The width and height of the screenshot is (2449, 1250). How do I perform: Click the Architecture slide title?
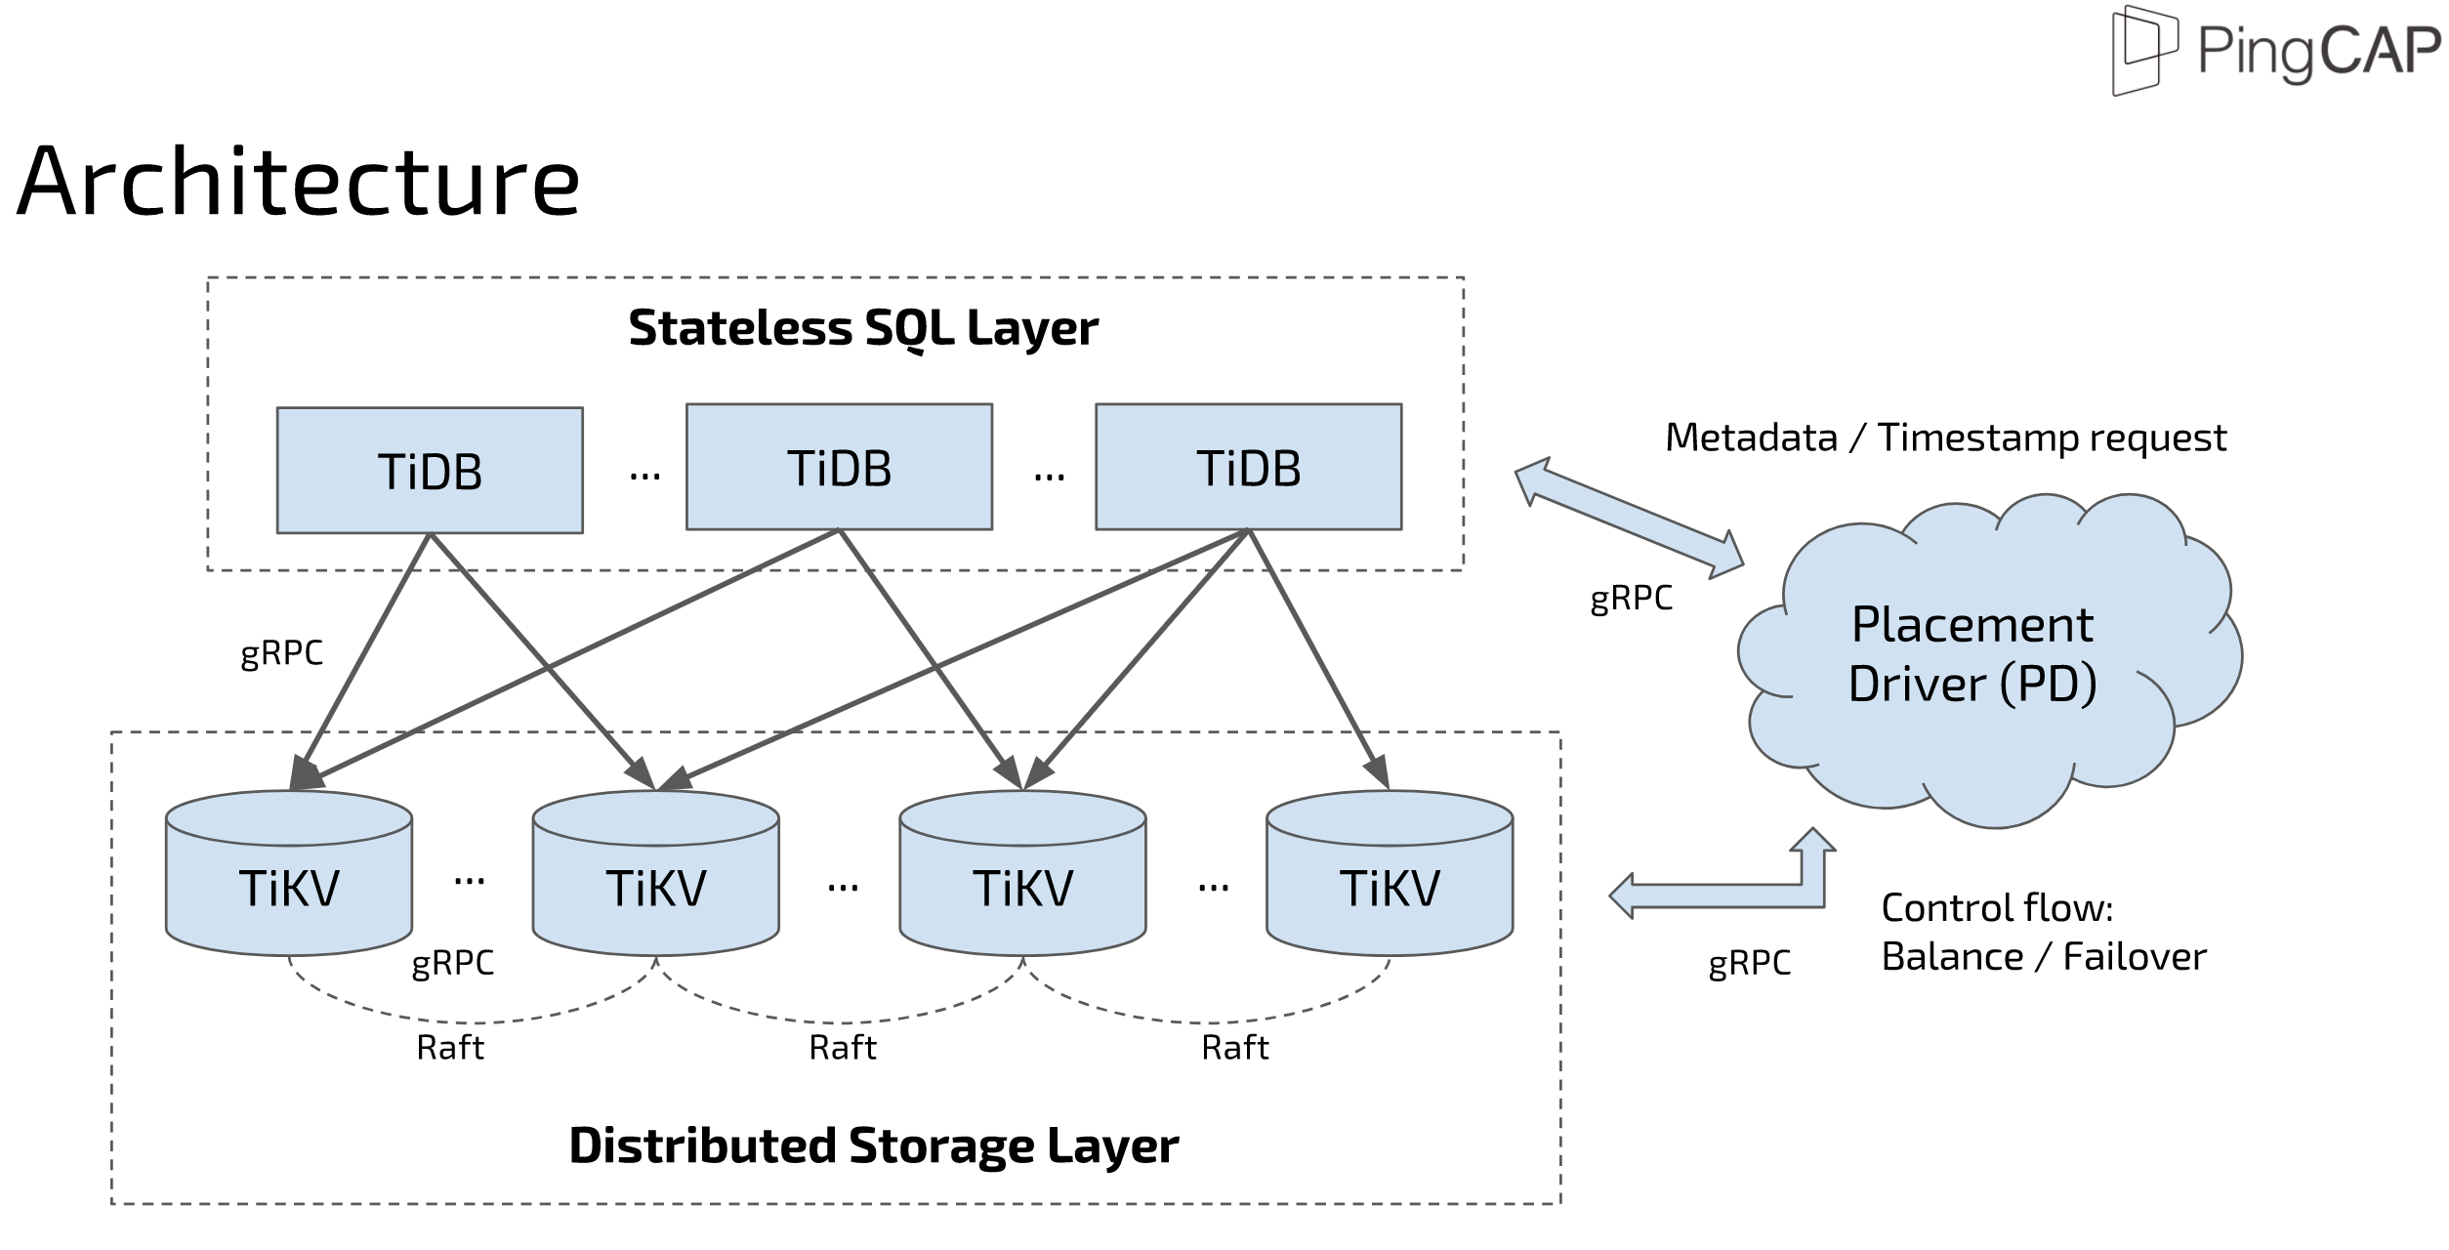click(x=298, y=183)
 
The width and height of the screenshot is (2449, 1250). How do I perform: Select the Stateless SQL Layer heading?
click(x=862, y=328)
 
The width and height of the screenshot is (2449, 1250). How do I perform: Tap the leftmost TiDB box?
click(x=430, y=471)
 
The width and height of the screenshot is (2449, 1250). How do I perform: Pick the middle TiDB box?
click(x=839, y=468)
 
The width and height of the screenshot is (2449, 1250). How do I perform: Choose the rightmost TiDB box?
click(x=1248, y=468)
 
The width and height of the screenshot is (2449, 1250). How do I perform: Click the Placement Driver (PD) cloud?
click(x=1972, y=654)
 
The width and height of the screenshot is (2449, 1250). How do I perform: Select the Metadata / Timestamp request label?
click(x=1945, y=437)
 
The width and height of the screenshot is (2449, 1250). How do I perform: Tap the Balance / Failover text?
click(x=2043, y=957)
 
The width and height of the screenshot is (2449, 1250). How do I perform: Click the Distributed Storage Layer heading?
click(x=873, y=1146)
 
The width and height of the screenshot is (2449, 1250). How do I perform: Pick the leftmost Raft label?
click(x=449, y=1048)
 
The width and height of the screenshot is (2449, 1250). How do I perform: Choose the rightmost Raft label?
click(x=1234, y=1048)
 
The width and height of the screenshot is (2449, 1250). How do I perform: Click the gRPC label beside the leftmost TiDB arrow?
click(x=281, y=652)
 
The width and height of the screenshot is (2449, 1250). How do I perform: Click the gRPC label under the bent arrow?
click(x=1749, y=963)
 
